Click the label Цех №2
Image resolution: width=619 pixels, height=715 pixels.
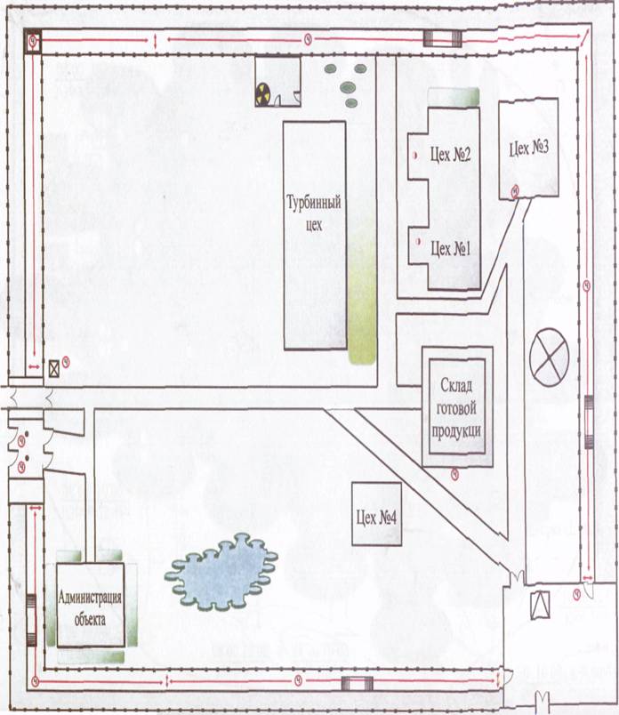tap(450, 155)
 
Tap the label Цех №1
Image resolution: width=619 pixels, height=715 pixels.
tap(450, 248)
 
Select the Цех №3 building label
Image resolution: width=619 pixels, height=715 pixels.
tap(528, 149)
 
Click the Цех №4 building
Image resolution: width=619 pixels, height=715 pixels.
tap(376, 514)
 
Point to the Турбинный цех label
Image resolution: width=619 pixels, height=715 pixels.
tap(314, 213)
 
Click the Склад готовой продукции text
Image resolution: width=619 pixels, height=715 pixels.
tap(456, 407)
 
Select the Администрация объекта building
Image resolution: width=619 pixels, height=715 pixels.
tap(91, 605)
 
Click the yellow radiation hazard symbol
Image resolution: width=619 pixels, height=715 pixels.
tap(262, 94)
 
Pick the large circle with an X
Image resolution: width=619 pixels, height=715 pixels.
tap(550, 357)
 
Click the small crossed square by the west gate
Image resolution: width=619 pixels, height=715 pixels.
tap(54, 368)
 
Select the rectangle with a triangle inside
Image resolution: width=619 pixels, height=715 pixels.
tap(541, 605)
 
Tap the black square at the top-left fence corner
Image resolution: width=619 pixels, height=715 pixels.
tap(33, 41)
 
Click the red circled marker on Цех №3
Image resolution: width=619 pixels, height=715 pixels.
tap(515, 191)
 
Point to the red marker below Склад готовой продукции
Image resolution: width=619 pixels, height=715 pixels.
tap(454, 475)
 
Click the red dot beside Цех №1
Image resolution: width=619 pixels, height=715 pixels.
tap(417, 242)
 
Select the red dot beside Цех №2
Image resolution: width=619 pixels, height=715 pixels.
tap(414, 156)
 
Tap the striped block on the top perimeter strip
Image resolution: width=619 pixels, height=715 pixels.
tap(443, 38)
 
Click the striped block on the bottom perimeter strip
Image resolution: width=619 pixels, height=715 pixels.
tap(358, 684)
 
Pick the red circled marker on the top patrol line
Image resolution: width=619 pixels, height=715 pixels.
tap(308, 40)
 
